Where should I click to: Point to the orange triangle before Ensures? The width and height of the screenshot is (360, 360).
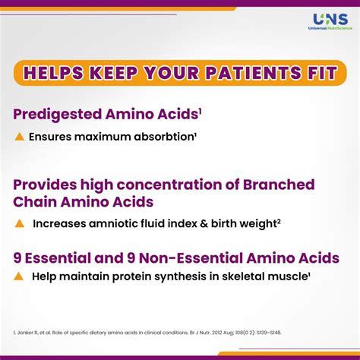pos(20,137)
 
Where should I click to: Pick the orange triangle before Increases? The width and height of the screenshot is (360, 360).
pos(20,223)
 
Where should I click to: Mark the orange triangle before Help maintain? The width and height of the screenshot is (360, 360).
pos(20,277)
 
